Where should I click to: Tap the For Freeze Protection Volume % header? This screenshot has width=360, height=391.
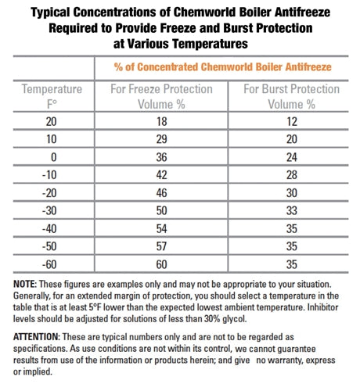pyautogui.click(x=160, y=97)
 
